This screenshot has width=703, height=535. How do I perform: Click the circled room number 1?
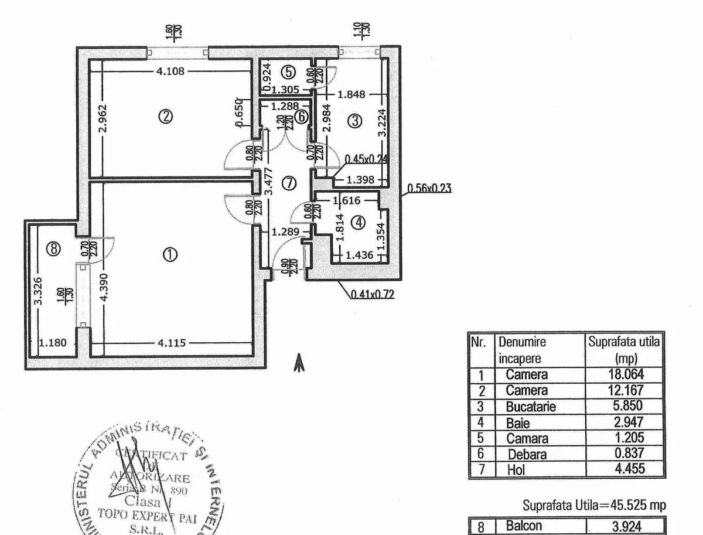[170, 254]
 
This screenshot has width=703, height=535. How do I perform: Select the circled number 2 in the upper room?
[166, 117]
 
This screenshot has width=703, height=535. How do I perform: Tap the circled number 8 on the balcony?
[53, 250]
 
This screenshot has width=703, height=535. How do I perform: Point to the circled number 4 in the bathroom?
[359, 223]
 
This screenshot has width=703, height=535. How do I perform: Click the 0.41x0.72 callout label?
[372, 295]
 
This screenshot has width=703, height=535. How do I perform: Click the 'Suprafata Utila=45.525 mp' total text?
[594, 505]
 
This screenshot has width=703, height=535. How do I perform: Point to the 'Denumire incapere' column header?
[521, 350]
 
